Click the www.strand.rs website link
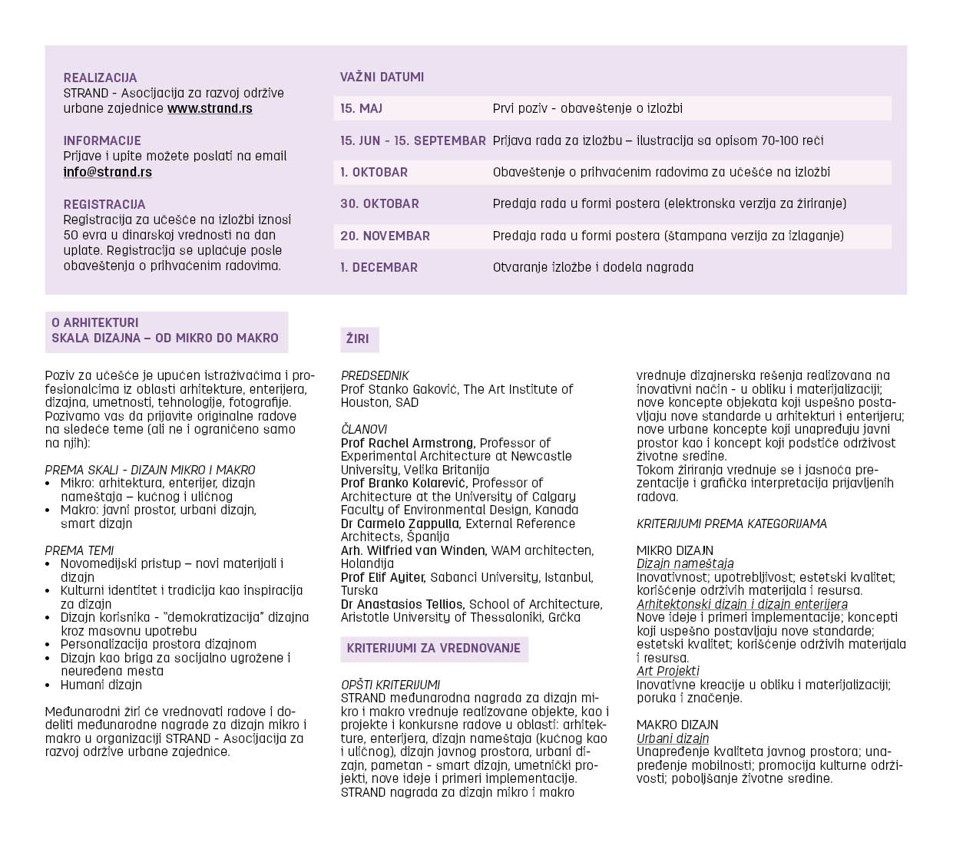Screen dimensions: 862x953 point(210,108)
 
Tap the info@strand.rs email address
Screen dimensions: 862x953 point(108,172)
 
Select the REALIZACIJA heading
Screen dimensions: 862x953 point(100,78)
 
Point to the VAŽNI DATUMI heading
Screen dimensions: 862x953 point(382,77)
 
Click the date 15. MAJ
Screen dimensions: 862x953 point(361,108)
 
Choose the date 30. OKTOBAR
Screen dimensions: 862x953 point(379,203)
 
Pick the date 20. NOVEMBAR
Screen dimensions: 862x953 point(385,236)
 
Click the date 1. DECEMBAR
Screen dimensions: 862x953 point(379,267)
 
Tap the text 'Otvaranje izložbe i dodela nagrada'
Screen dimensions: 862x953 point(593,267)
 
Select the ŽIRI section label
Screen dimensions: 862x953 point(358,339)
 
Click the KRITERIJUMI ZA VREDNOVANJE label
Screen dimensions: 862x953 point(433,648)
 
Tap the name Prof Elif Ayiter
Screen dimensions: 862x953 point(383,577)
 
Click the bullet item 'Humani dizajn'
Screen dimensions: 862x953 point(101,685)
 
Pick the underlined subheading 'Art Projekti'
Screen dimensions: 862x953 point(668,671)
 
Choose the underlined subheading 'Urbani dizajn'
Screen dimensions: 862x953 point(673,738)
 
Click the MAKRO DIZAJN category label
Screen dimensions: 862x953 point(677,725)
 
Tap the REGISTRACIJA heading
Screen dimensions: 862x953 point(104,204)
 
